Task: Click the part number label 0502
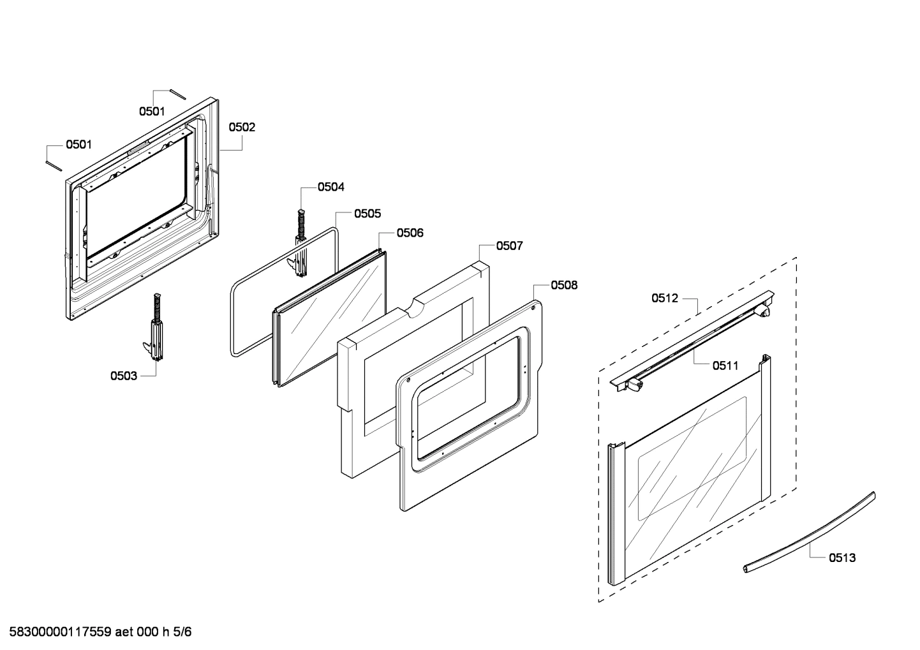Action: tap(242, 127)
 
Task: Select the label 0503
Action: tap(123, 376)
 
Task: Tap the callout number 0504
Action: tap(331, 187)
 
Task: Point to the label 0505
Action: tap(367, 214)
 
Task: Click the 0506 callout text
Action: tap(410, 233)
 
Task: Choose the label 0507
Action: tap(510, 246)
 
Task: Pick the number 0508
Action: tap(564, 285)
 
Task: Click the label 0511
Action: tap(725, 366)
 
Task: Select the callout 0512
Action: tap(665, 298)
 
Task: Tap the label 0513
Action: tap(842, 558)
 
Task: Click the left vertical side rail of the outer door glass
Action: tap(615, 513)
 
